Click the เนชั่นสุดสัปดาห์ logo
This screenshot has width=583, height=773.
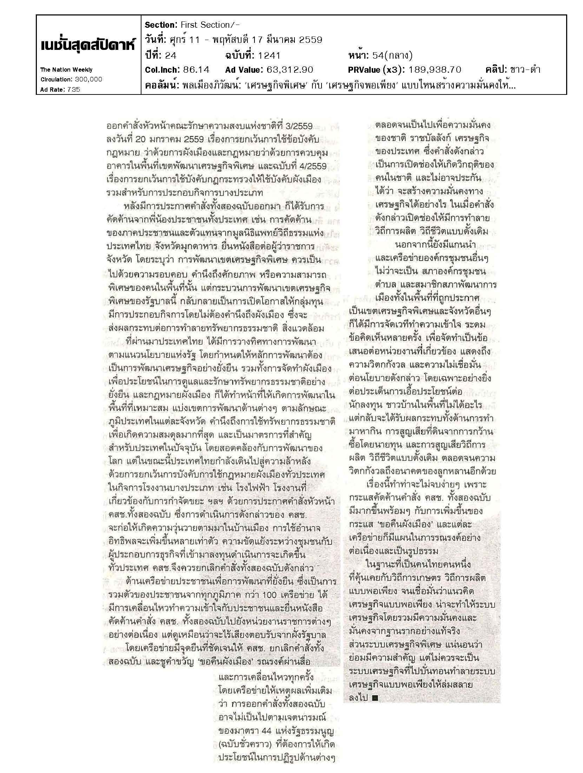click(88, 46)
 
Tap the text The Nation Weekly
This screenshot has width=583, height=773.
click(67, 70)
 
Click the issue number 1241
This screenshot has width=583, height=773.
click(269, 55)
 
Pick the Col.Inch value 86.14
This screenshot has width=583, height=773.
click(196, 70)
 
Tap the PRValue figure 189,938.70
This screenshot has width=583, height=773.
click(435, 70)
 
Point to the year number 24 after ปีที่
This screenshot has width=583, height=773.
click(170, 55)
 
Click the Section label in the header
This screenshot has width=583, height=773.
click(161, 25)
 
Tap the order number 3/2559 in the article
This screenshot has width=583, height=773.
click(298, 126)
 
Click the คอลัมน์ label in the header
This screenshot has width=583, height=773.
click(161, 85)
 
